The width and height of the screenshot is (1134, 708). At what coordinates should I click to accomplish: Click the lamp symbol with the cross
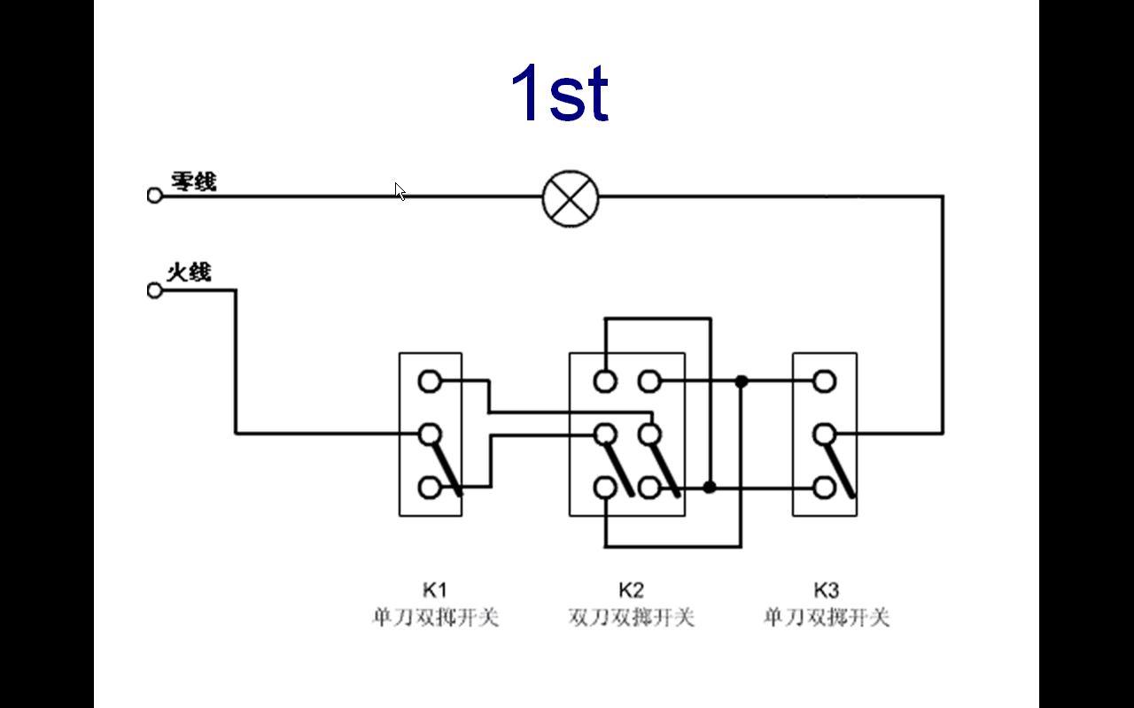tap(571, 197)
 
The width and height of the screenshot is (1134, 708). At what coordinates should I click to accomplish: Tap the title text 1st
tap(559, 93)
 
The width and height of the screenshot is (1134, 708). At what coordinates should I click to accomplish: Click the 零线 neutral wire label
tap(193, 182)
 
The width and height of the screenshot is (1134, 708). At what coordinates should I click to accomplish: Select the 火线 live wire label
tap(190, 272)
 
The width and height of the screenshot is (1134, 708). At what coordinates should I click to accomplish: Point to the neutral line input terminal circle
tap(155, 196)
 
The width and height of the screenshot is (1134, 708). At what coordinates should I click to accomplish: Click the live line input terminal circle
tap(155, 290)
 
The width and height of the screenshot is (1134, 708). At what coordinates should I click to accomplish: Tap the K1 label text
tap(434, 590)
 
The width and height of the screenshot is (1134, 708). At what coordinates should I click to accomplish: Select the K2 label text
tap(631, 590)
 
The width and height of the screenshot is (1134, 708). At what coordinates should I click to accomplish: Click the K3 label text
tap(826, 590)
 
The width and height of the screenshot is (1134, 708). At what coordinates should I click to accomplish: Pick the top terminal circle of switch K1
tap(430, 381)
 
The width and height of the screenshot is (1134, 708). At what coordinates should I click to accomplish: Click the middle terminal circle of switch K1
tap(430, 434)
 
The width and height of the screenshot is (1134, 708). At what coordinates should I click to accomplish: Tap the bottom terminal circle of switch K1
tap(430, 487)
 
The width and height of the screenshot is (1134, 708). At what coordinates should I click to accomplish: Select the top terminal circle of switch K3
tap(825, 381)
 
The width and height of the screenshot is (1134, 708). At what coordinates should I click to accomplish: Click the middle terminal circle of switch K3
tap(825, 434)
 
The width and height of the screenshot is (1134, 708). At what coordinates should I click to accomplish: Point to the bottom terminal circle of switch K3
tap(825, 487)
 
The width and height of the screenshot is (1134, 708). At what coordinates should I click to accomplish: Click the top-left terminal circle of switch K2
tap(605, 381)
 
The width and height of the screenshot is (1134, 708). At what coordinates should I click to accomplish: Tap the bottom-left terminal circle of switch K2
tap(605, 487)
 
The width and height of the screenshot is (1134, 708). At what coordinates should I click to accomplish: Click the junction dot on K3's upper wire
tap(742, 381)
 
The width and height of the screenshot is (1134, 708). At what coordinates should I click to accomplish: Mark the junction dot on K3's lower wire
tap(710, 487)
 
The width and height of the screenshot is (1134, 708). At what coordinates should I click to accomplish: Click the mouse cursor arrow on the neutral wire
tap(400, 191)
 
